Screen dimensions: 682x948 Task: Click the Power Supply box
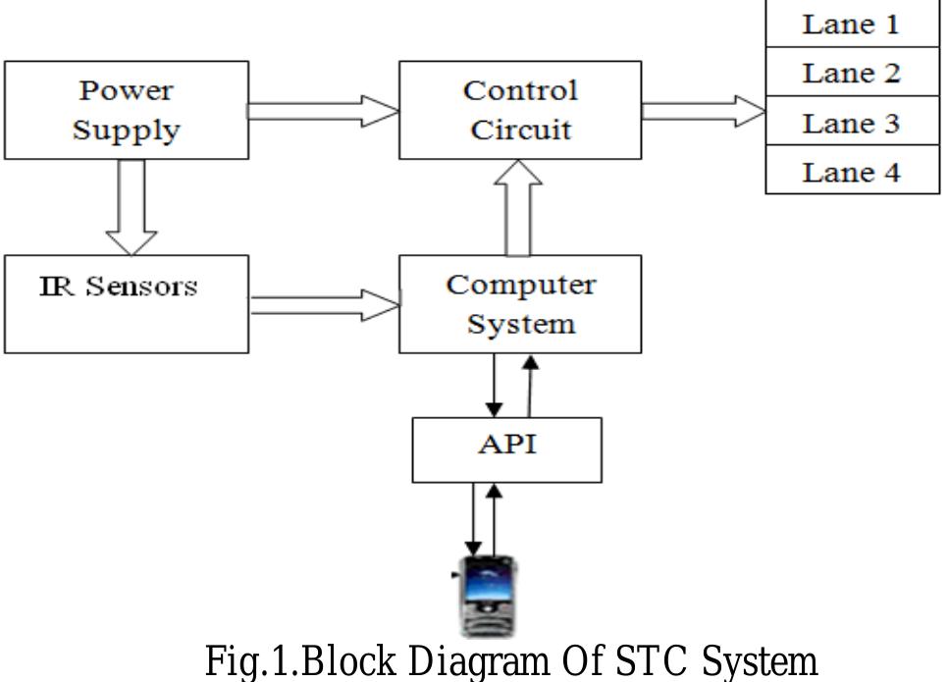click(x=127, y=110)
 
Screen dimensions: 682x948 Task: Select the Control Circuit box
click(x=520, y=110)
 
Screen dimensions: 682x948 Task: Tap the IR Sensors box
click(x=127, y=303)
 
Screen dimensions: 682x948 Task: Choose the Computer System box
click(x=520, y=303)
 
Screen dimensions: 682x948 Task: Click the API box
click(x=506, y=448)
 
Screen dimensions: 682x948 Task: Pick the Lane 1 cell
click(x=850, y=24)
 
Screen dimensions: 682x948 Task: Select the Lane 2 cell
click(x=850, y=73)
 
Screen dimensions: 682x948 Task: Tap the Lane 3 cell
click(x=850, y=123)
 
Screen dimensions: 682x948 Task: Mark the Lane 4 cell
click(x=850, y=171)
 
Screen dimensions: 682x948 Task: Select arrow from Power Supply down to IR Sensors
click(x=131, y=207)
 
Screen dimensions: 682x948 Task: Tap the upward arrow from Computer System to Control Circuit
click(x=519, y=207)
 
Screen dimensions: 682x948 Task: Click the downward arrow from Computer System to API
click(x=497, y=384)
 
